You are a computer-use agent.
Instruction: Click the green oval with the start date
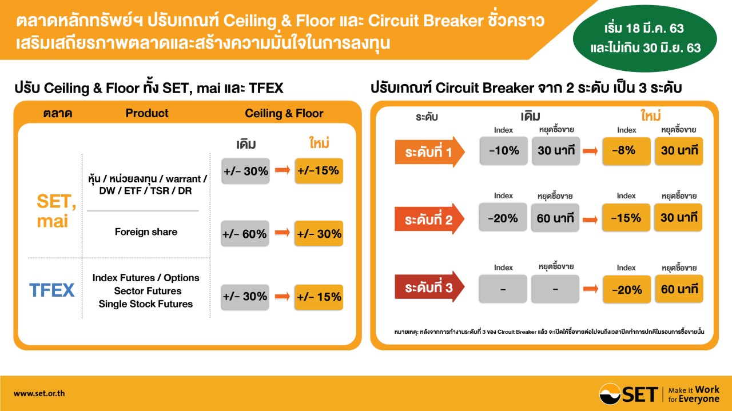[x=645, y=38]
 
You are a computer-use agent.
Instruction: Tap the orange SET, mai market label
[x=56, y=211]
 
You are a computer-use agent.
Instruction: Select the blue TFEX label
[x=52, y=290]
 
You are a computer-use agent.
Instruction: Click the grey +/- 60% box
[x=245, y=233]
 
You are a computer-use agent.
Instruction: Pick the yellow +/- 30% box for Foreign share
[x=319, y=233]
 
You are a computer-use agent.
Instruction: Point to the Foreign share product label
[x=146, y=232]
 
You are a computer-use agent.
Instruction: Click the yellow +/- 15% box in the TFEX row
[x=319, y=297]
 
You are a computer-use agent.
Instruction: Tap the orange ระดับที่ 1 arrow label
[x=429, y=152]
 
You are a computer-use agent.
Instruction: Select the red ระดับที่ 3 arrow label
[x=429, y=287]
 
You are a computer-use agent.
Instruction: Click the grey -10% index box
[x=504, y=150]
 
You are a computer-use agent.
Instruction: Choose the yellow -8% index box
[x=626, y=150]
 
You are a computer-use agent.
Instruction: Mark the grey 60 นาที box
[x=555, y=218]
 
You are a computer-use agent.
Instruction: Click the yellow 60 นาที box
[x=679, y=289]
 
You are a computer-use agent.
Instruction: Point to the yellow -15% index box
[x=626, y=218]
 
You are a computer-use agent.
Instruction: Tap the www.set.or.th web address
[x=39, y=393]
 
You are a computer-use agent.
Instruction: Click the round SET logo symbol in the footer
[x=610, y=394]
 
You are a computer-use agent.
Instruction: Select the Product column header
[x=147, y=113]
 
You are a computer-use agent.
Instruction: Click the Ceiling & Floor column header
[x=284, y=113]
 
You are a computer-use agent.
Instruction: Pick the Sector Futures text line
[x=148, y=291]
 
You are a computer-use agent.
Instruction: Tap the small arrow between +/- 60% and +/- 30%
[x=283, y=232]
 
